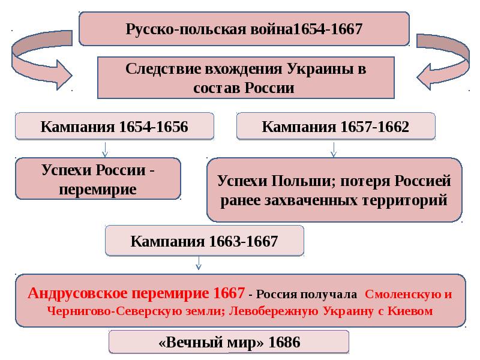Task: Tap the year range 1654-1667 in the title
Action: pos(328,29)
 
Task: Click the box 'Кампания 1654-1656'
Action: pos(115,126)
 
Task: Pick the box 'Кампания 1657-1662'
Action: pos(336,126)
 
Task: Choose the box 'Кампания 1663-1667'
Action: pos(205,241)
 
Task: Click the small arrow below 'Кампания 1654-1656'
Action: pos(105,149)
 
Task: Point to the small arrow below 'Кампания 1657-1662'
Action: pos(334,149)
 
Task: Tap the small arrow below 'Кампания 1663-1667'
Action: pos(199,263)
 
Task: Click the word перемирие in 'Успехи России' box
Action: pos(98,190)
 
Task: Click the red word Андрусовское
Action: pos(78,293)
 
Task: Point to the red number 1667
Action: pos(229,293)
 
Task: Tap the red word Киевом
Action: pos(410,311)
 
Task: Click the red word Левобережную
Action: pos(274,311)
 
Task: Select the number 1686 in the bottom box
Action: pos(284,342)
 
